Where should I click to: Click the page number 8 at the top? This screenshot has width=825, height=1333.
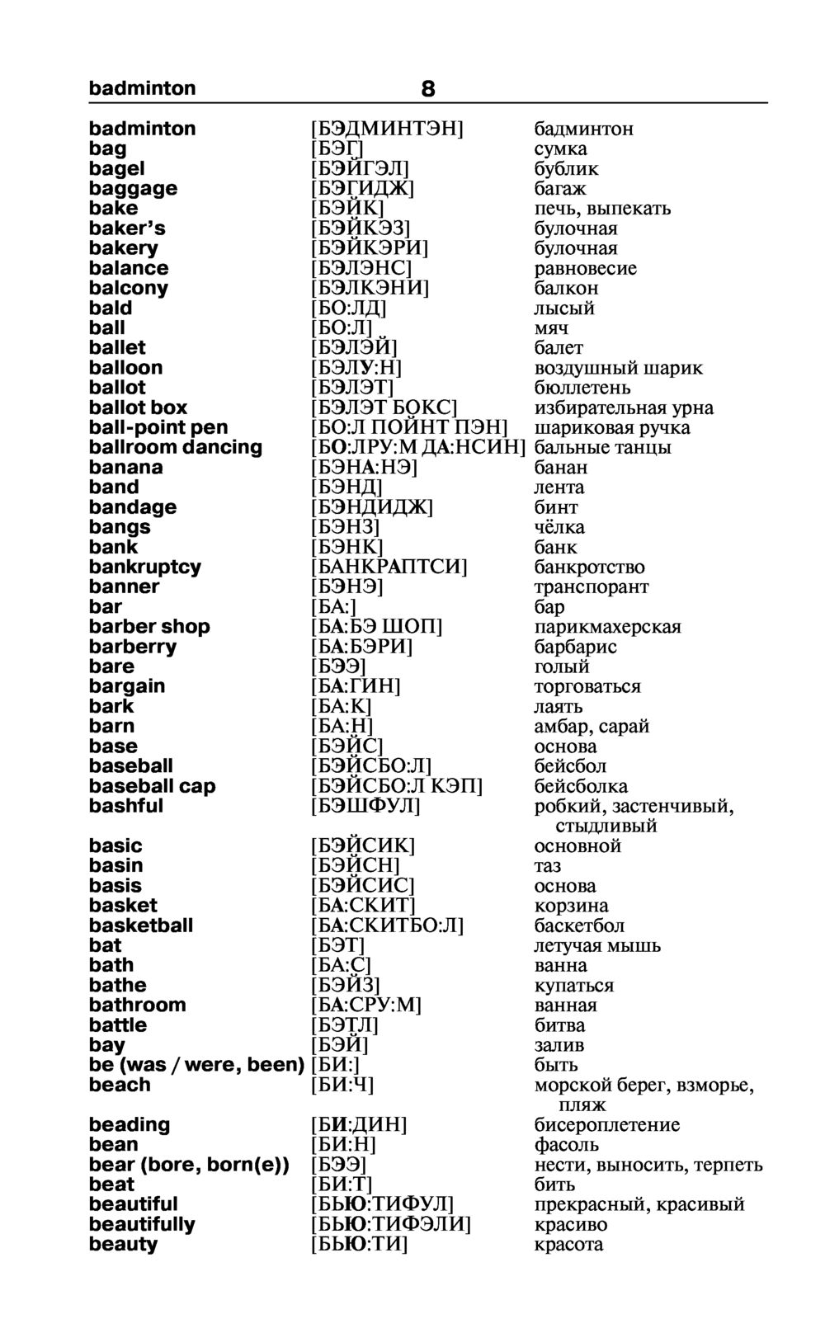coord(427,88)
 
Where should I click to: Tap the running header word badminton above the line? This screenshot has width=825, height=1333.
coord(142,88)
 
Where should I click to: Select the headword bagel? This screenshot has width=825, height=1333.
coord(116,169)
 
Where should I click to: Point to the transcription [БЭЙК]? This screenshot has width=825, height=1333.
coord(347,209)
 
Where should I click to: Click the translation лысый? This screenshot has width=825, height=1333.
coord(564,309)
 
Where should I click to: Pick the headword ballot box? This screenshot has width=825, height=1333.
coord(138,407)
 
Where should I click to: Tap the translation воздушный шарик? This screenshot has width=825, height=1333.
coord(618,368)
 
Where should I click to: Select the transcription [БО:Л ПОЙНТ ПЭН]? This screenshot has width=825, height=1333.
coord(409,427)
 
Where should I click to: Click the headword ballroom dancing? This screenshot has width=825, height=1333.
coord(175,447)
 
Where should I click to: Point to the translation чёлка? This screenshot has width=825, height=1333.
coord(559,527)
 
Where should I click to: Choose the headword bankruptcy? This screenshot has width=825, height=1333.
coord(144,567)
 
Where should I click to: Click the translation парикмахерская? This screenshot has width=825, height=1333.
coord(607,627)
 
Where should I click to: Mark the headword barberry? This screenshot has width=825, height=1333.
coord(132,647)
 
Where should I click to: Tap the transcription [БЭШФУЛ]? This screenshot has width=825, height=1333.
coord(365,806)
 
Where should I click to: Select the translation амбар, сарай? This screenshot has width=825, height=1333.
coord(592,727)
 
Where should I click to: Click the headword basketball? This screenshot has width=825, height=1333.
coord(140,926)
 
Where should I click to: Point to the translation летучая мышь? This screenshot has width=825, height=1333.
coord(597,945)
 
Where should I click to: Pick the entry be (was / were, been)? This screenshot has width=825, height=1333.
coord(196,1065)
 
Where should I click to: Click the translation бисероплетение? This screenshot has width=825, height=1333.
coord(607,1125)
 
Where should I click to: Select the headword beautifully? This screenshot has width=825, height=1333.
coord(142,1224)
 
